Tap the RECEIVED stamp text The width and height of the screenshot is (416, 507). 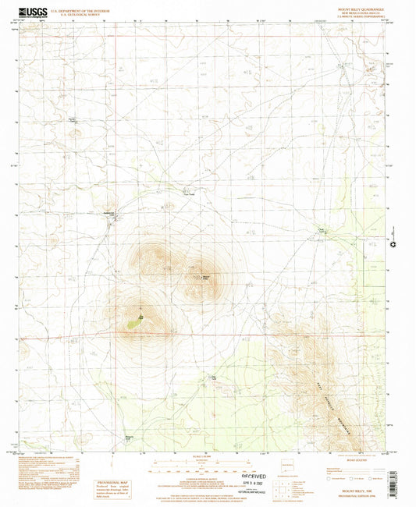(x=254, y=475)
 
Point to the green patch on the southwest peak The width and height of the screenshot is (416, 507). (x=135, y=317)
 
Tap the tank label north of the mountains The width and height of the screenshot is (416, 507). (x=187, y=195)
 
